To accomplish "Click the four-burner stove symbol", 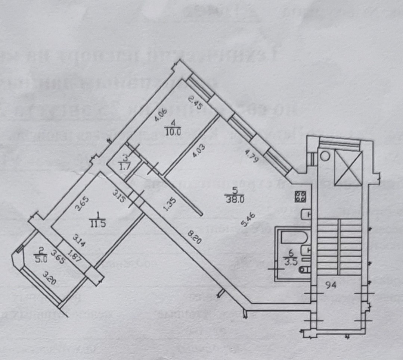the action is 300,196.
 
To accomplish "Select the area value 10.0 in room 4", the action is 172,131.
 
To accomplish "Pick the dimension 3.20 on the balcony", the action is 50,278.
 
